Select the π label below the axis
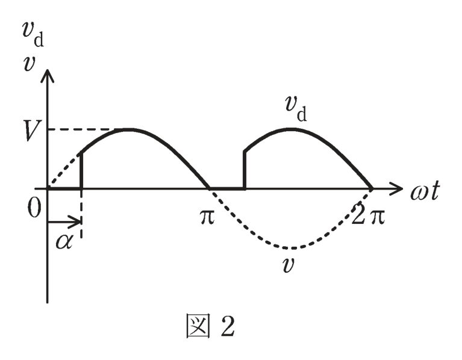[x=207, y=217]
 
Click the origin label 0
[x=34, y=208]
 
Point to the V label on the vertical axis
[x=33, y=131]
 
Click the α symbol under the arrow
[x=64, y=243]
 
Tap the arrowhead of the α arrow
[x=76, y=222]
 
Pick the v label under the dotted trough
[x=287, y=265]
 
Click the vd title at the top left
[x=33, y=34]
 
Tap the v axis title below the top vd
[x=29, y=64]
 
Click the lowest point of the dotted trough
[x=292, y=248]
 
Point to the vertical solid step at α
[x=81, y=171]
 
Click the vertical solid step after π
[x=245, y=170]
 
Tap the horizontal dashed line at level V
[x=81, y=129]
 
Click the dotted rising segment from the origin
[x=65, y=171]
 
